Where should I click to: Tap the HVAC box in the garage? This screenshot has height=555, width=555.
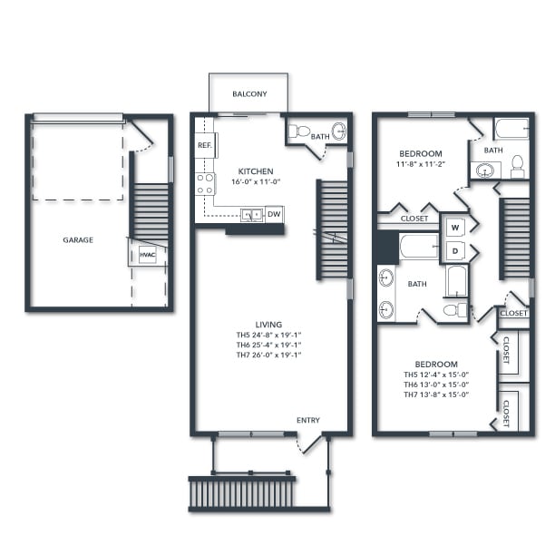point(148,255)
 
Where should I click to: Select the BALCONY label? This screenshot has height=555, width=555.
point(248,94)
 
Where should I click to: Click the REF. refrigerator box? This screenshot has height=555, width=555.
point(204,146)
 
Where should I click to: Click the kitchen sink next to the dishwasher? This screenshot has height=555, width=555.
point(251,215)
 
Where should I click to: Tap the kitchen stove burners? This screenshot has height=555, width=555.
point(206,184)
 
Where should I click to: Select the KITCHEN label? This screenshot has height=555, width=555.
point(256,171)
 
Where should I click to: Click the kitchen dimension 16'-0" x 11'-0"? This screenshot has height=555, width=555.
point(256,182)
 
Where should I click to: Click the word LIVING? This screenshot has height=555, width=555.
point(268,324)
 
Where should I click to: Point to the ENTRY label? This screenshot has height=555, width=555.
point(308,420)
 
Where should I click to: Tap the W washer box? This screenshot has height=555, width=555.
point(453,227)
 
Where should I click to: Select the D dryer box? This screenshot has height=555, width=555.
point(453,250)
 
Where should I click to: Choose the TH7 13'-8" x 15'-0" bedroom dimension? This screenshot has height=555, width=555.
point(436,394)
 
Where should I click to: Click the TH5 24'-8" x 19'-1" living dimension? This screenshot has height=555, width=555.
point(268,335)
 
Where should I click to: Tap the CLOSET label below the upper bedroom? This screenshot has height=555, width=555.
point(414,219)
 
